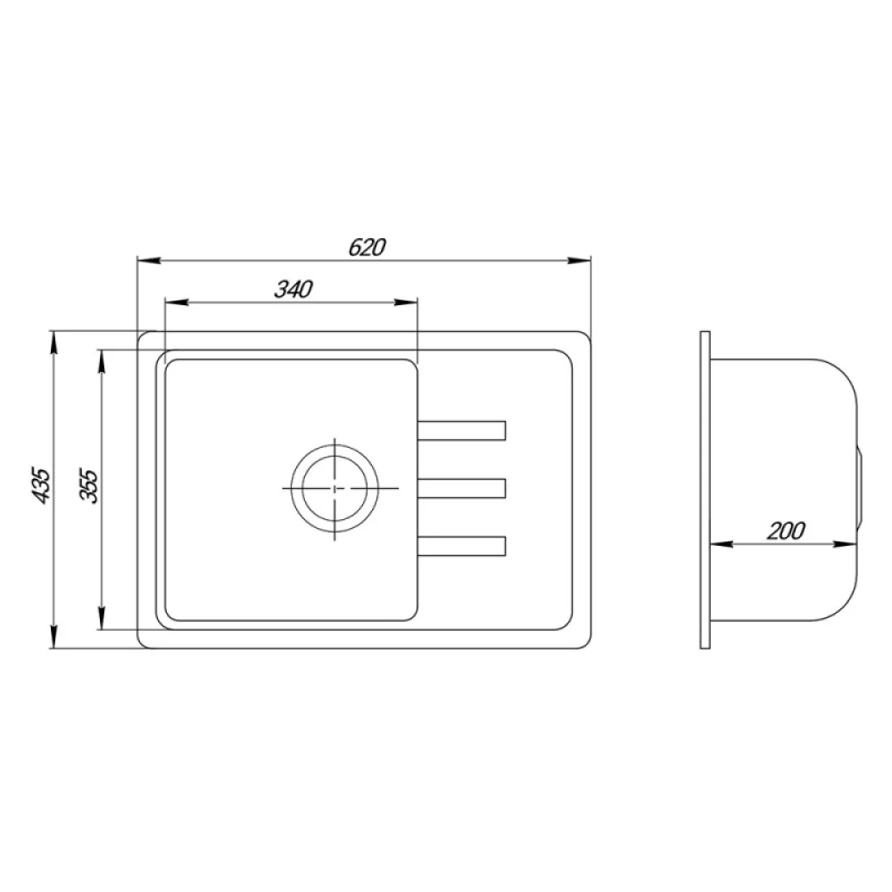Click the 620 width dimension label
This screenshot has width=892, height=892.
tap(367, 247)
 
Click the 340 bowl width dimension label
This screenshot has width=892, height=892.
tap(293, 290)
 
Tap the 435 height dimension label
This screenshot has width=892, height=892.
tap(42, 485)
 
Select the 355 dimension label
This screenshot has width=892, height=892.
tap(88, 485)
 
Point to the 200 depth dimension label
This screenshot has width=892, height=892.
tap(786, 531)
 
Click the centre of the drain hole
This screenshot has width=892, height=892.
tap(334, 488)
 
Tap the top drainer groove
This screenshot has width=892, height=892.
tap(461, 431)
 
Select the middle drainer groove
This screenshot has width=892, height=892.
tap(461, 489)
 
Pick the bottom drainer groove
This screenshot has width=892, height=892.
tap(461, 546)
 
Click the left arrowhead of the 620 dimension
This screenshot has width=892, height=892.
tap(148, 260)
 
